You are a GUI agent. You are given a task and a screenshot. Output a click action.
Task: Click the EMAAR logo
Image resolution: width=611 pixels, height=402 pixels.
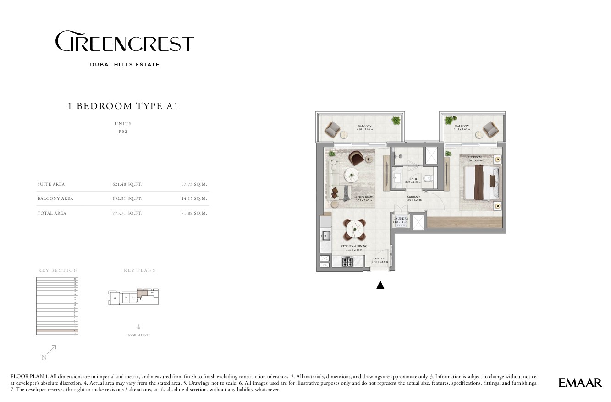coord(580,382)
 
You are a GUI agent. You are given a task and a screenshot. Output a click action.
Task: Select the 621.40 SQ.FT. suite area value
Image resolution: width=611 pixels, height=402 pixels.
coord(127,184)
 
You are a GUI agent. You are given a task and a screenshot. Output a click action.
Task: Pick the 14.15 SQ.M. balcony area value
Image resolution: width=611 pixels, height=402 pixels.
coord(194,198)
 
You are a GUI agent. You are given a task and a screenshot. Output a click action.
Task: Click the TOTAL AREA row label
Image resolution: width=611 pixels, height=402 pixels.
coord(52,213)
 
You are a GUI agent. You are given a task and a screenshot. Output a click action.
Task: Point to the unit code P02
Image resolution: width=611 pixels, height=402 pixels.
coord(123,132)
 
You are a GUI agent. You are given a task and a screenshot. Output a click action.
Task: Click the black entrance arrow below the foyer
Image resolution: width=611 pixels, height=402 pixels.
coord(380,285)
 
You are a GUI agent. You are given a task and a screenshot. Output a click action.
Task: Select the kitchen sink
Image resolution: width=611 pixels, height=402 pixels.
coord(326,236)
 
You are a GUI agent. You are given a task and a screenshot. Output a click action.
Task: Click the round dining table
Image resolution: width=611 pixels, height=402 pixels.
coord(355,230)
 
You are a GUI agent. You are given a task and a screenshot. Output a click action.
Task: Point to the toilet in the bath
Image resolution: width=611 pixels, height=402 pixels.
coord(428,179)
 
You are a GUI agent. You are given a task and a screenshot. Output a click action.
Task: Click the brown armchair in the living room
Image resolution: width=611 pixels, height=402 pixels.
coord(357,158)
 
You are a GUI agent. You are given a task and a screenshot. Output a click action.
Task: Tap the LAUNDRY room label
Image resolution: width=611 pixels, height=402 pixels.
coord(401,219)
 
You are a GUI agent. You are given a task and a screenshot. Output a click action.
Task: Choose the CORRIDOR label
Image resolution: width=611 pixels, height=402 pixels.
coord(414,197)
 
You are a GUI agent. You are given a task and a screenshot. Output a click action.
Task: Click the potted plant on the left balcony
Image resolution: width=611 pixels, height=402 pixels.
coord(396,121)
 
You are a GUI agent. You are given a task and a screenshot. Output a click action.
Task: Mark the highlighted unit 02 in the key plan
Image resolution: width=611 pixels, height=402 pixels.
coord(142,292)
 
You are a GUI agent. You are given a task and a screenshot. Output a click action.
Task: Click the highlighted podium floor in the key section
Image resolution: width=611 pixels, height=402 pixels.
coord(56,330)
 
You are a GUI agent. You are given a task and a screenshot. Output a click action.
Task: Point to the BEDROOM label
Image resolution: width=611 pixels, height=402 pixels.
coord(474,157)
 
